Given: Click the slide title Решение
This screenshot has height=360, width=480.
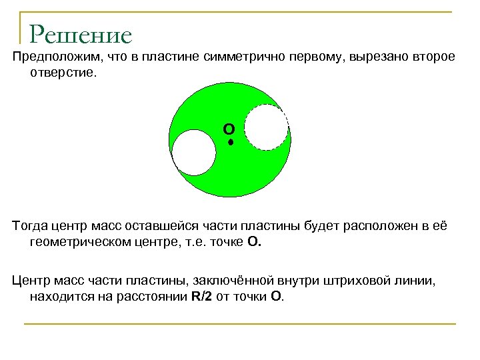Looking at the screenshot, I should [81, 35].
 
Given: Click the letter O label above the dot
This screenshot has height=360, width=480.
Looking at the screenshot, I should [229, 128].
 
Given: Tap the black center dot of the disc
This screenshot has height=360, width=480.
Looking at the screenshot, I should [230, 142].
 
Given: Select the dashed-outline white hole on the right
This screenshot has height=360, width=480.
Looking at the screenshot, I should [267, 127].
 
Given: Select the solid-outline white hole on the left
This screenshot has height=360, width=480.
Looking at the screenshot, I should [195, 153].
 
